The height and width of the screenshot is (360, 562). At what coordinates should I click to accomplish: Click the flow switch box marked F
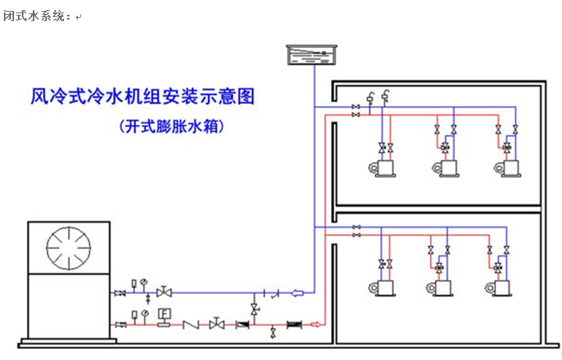click(x=164, y=314)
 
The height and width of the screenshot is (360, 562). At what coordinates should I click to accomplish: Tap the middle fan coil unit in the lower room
click(x=441, y=287)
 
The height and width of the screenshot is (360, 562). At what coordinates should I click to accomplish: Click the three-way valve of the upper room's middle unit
click(x=446, y=147)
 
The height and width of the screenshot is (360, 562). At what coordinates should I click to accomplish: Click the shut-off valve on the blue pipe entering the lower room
click(x=357, y=227)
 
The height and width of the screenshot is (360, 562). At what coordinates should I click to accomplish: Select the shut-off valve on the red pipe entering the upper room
click(x=357, y=115)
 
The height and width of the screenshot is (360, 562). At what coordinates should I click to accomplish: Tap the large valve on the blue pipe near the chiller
click(x=164, y=293)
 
